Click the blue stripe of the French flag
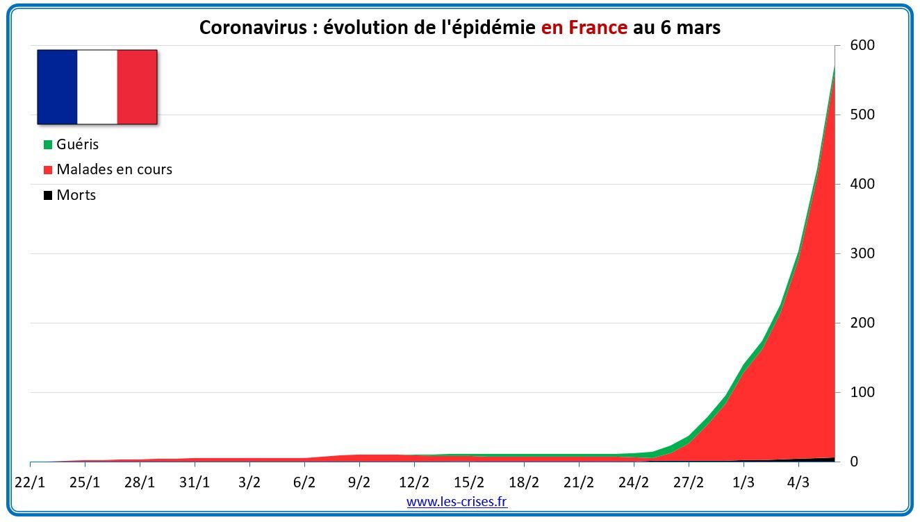point(57,87)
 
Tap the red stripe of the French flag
point(137,87)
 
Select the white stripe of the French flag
point(97,87)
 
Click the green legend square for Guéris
point(48,145)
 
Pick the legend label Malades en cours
point(114,169)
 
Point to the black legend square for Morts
point(48,196)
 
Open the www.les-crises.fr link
point(457,501)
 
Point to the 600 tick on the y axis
point(862,45)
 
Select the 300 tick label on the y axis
point(862,253)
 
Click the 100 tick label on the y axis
point(862,392)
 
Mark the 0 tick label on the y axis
point(854,462)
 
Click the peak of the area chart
point(833,67)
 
